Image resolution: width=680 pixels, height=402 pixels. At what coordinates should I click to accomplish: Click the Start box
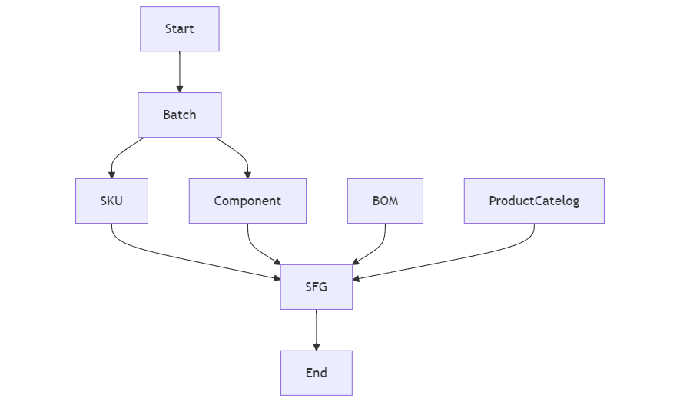[180, 29]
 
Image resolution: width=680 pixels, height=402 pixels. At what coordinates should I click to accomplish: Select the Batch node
[180, 115]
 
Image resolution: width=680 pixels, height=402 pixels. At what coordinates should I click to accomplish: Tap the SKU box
[111, 201]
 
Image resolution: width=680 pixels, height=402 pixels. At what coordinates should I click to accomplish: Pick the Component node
[247, 201]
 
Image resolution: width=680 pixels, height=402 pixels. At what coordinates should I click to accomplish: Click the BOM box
[385, 201]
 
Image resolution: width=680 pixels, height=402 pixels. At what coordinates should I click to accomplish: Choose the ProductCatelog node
[534, 201]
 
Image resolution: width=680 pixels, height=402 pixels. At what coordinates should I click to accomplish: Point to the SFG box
[316, 287]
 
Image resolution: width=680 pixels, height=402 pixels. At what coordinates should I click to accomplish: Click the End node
[316, 374]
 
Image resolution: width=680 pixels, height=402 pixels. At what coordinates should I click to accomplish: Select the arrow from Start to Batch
[180, 71]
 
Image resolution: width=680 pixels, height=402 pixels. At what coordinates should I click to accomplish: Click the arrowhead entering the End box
[316, 347]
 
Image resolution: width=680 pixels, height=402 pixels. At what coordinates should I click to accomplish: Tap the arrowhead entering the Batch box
[180, 88]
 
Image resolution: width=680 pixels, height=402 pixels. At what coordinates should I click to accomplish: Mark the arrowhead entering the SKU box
[111, 174]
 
